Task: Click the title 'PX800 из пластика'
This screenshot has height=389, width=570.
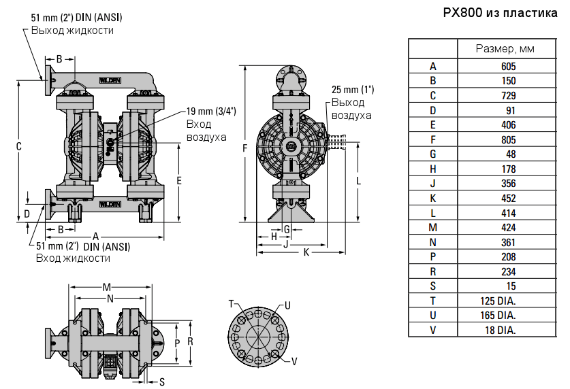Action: click(x=501, y=14)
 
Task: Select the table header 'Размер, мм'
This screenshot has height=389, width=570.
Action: click(x=505, y=49)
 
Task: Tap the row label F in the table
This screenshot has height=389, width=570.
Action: click(x=432, y=140)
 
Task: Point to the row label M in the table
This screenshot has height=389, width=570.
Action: click(x=432, y=228)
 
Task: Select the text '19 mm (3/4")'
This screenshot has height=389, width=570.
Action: click(x=211, y=112)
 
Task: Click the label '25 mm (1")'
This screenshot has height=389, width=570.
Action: click(x=353, y=90)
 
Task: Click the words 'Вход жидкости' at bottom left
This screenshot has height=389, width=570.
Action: click(x=73, y=258)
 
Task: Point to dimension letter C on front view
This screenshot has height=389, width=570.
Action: click(x=19, y=146)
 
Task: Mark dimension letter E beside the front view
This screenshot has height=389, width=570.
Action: click(x=179, y=180)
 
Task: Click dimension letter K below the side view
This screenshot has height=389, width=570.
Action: click(x=306, y=252)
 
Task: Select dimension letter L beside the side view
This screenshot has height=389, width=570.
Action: click(x=359, y=180)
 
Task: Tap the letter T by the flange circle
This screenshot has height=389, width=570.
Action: click(x=232, y=303)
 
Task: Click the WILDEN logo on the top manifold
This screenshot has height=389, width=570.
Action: click(x=110, y=80)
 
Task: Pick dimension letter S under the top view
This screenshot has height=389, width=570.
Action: click(x=162, y=382)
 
